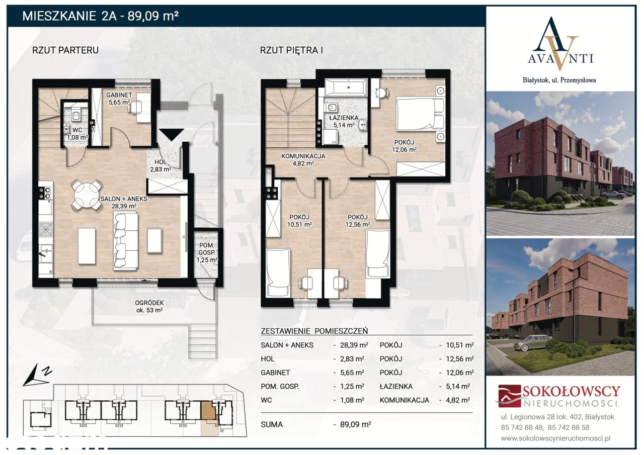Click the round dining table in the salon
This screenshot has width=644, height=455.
coord(87,196)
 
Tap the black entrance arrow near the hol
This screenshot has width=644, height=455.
coord(172,134)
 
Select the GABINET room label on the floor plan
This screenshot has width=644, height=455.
coord(119,95)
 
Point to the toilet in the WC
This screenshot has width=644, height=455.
coord(76,114)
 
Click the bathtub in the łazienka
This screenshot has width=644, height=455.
coord(346,87)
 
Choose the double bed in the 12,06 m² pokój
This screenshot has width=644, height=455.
coord(420,114)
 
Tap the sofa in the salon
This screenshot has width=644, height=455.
coord(125,241)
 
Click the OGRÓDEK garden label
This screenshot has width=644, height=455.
coord(149,303)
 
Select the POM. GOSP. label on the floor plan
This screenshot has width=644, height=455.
coord(207,249)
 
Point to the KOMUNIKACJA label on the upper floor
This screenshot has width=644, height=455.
coord(303,156)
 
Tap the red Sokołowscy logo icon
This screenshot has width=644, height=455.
coord(510,396)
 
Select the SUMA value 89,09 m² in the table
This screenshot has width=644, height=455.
coord(355,424)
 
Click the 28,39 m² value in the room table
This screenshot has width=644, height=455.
coord(354,345)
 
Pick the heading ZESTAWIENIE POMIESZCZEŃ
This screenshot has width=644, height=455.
coord(314,331)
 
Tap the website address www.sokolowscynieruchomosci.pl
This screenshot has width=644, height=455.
coord(555,438)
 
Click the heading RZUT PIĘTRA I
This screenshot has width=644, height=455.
coord(291,50)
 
